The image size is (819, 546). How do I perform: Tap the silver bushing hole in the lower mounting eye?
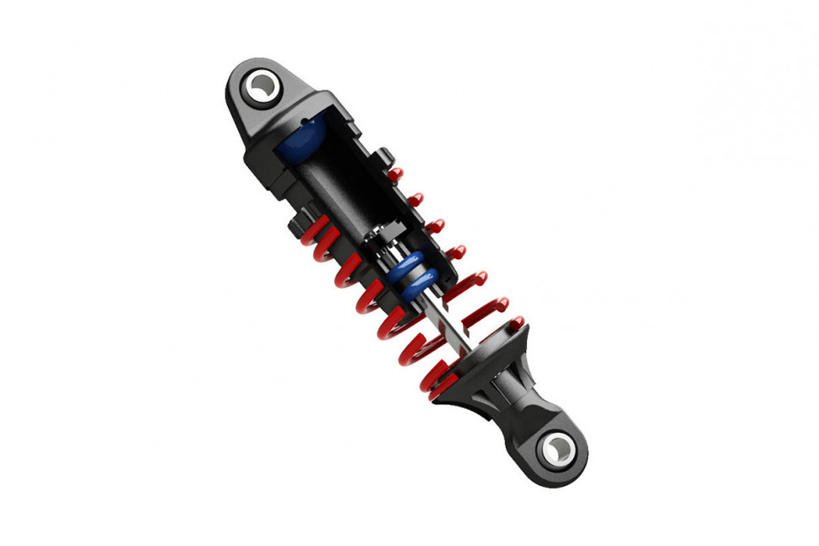557,448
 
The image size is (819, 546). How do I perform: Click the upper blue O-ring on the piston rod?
409,268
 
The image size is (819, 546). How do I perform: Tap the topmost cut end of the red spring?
394,174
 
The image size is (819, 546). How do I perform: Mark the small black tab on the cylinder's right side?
384,155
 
